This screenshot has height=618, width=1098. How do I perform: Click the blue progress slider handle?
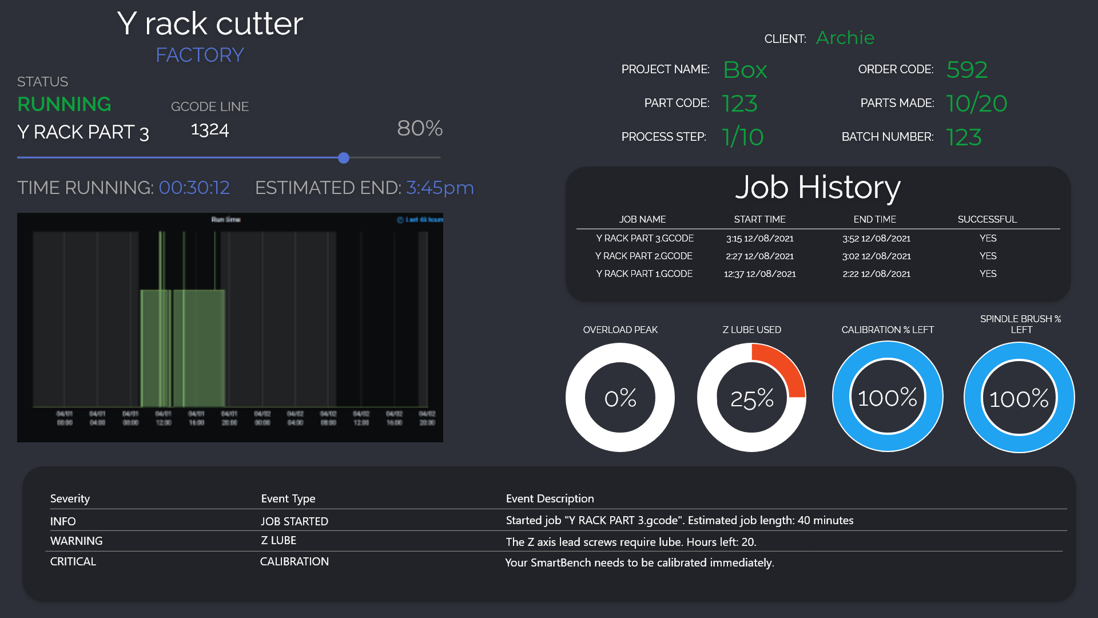[x=344, y=158]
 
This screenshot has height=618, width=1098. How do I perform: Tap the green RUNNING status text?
[x=64, y=104]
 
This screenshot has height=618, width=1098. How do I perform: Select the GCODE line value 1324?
[x=210, y=130]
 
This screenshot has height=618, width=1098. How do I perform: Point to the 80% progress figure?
[x=420, y=128]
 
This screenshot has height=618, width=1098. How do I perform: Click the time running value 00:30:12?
[x=194, y=188]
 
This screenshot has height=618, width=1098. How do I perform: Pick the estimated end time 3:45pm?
[x=440, y=188]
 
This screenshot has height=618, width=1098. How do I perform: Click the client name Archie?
[x=845, y=38]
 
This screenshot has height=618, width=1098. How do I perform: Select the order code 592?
[x=967, y=70]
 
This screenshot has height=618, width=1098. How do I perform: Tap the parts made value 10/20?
[x=977, y=104]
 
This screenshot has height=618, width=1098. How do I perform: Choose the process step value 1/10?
[x=743, y=137]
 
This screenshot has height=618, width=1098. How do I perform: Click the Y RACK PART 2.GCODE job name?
[x=644, y=256]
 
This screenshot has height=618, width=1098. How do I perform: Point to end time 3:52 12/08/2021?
[x=876, y=238]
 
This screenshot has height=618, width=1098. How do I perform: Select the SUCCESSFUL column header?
[x=987, y=219]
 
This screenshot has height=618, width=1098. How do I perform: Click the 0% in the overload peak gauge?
[x=620, y=398]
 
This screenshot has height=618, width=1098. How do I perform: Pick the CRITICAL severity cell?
[x=73, y=561]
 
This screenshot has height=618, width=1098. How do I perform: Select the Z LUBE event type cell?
[x=279, y=540]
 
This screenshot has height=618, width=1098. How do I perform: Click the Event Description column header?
[x=550, y=498]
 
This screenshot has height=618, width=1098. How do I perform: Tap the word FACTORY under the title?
[x=200, y=55]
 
